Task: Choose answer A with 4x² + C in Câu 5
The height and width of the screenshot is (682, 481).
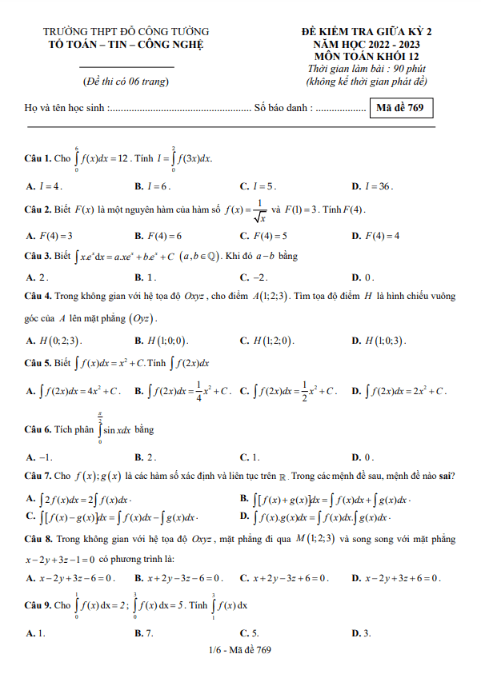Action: point(74,392)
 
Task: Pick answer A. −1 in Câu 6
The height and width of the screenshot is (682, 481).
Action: point(39,457)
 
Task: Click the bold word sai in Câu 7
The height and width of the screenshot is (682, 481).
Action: point(444,477)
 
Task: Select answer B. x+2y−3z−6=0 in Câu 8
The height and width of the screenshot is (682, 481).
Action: point(179,578)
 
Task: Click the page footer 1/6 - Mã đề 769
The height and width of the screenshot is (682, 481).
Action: point(240,650)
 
